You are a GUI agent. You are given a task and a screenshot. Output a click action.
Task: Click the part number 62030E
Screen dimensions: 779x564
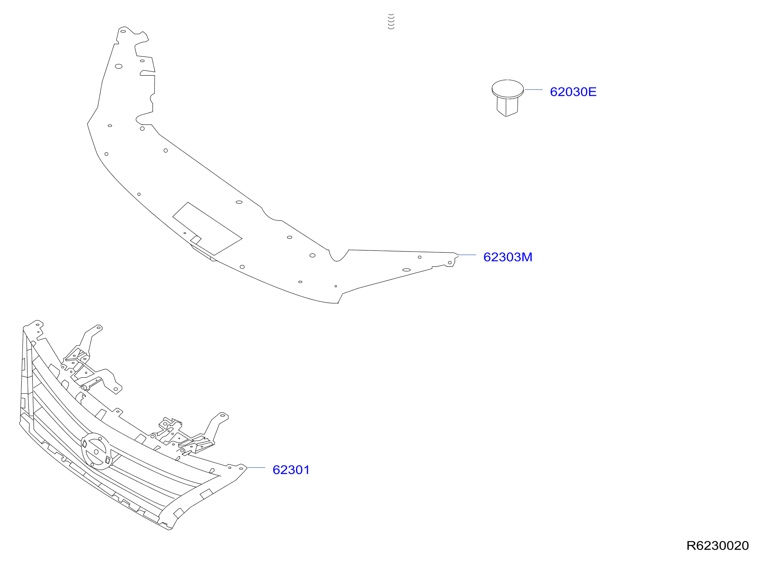tap(573, 92)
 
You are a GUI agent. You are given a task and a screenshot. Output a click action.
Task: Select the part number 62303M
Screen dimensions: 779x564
tap(508, 257)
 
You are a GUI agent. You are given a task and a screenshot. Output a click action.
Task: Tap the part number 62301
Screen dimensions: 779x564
tap(291, 470)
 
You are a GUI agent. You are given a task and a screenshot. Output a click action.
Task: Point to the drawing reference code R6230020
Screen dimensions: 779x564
tap(717, 546)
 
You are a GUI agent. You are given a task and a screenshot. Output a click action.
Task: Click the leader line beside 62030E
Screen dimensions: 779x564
tap(534, 90)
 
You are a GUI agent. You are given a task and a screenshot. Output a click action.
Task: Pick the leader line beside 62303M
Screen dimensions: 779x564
tap(467, 255)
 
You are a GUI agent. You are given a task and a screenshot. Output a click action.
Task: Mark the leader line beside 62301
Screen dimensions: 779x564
tap(256, 468)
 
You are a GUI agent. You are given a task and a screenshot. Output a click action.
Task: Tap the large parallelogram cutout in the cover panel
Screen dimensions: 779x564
tap(207, 228)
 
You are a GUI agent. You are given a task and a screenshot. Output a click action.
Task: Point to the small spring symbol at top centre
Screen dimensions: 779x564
tap(391, 21)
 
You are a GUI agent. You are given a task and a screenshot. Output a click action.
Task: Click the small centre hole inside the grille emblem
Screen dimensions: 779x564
tap(96, 452)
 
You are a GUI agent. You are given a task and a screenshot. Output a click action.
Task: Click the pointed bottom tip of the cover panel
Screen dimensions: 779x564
tap(337, 303)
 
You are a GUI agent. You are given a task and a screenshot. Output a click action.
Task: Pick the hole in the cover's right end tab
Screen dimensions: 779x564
tap(450, 263)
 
